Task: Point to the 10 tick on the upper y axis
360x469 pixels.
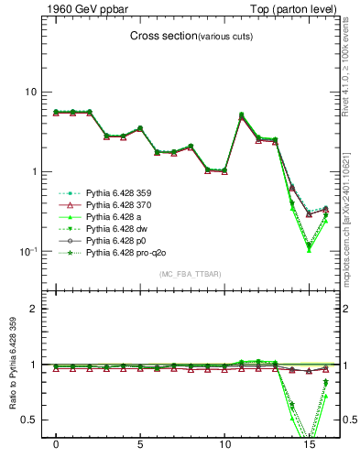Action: [30, 92]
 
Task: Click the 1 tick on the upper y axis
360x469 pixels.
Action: [34, 171]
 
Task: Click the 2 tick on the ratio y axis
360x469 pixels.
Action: [34, 309]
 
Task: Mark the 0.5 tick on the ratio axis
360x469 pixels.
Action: [29, 420]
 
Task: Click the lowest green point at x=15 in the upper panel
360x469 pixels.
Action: [309, 249]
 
